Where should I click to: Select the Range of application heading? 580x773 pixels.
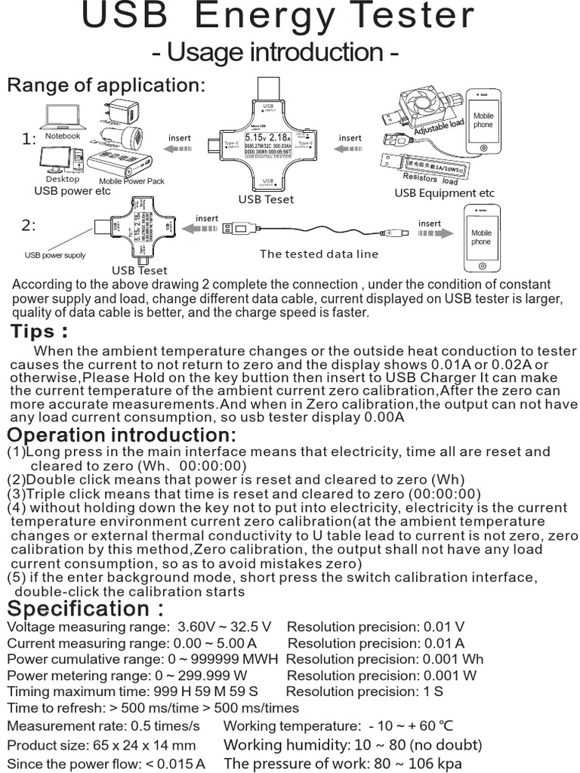tap(106, 85)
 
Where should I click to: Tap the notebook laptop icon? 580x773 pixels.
tap(63, 117)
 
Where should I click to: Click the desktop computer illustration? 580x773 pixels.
tap(60, 160)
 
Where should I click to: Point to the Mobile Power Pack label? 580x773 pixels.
tap(131, 181)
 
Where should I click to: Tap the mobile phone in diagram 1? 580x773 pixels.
tap(483, 121)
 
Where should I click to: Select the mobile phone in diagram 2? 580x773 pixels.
tap(480, 239)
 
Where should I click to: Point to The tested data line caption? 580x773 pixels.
tap(319, 254)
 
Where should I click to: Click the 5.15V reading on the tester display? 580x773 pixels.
tap(255, 138)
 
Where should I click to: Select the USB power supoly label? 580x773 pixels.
tap(55, 255)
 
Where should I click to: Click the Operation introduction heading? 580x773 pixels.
tap(122, 436)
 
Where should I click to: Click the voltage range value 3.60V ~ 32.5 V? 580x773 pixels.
tap(224, 627)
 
